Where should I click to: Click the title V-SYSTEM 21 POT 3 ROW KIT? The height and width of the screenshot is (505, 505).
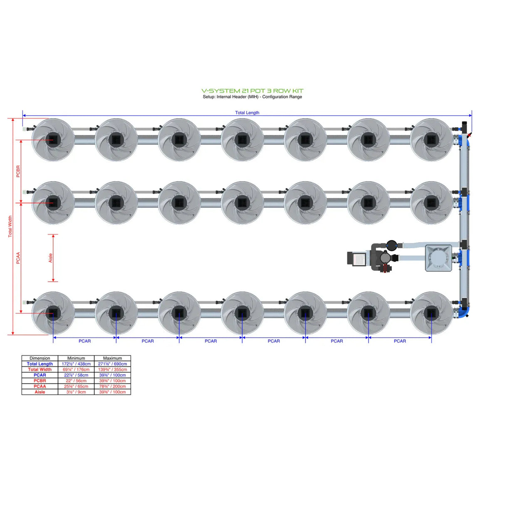point(252,91)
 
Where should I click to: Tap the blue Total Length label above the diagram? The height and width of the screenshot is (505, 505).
point(247,113)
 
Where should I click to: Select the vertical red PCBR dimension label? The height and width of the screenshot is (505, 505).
point(18,171)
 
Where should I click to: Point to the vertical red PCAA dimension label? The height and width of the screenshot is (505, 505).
point(18,258)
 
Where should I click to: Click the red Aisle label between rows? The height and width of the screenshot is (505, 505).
point(50,258)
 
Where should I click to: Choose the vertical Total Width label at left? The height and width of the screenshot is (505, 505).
point(10,226)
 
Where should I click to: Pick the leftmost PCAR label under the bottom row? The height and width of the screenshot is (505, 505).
point(84,341)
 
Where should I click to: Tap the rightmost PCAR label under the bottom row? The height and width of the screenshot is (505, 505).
point(399,341)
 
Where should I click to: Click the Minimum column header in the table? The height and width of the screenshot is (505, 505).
point(76,358)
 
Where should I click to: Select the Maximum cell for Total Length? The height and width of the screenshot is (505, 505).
point(112,364)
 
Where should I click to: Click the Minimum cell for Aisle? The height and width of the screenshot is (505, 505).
point(76,392)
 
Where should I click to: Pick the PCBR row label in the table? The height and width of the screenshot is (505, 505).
point(40,381)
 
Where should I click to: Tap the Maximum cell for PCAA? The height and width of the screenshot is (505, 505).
point(112,386)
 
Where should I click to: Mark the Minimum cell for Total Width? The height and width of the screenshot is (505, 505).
point(76,369)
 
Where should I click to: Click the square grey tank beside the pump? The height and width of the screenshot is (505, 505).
point(438,258)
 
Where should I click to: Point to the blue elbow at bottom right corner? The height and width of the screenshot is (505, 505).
point(466,311)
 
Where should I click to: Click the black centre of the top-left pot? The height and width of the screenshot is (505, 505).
point(53,140)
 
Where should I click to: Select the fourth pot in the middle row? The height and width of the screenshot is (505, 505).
point(242,203)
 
